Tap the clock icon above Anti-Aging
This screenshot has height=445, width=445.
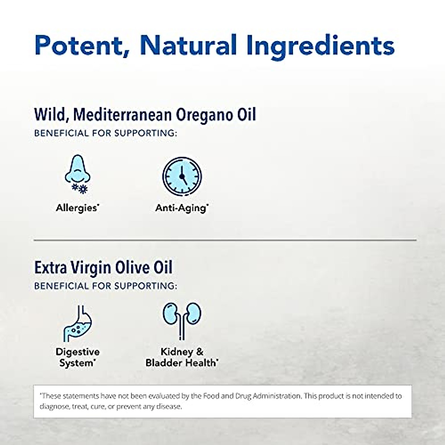[x=182, y=176]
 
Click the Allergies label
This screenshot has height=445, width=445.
[x=77, y=208]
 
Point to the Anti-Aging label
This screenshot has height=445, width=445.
[x=181, y=208]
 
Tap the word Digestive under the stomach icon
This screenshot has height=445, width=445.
[x=78, y=352]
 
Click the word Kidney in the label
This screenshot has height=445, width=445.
[x=177, y=352]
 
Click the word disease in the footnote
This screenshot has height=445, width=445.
[x=168, y=406]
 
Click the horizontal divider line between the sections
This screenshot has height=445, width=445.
[x=225, y=240]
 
